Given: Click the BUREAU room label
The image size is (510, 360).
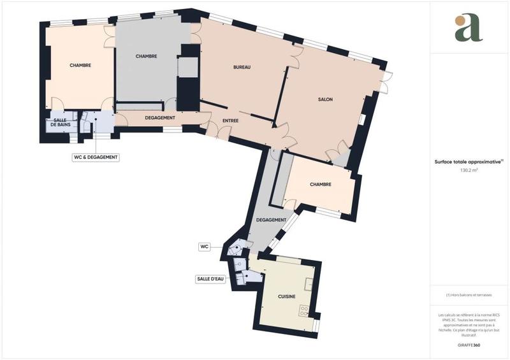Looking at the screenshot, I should point(242,67).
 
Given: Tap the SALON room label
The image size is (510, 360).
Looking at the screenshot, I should point(325,99).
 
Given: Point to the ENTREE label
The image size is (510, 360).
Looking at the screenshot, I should point(231,120).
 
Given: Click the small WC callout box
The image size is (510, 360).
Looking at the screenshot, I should point(205,245).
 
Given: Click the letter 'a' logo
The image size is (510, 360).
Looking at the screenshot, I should point(469,29).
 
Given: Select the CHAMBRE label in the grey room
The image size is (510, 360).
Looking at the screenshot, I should point(147,57).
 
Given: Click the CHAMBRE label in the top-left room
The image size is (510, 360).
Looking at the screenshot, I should point(80,65).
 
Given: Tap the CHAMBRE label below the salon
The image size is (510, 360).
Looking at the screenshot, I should point(320,185).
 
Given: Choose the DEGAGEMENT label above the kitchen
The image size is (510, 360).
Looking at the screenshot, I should point(270,220).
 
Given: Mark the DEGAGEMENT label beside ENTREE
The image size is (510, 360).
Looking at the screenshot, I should point(161,118).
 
